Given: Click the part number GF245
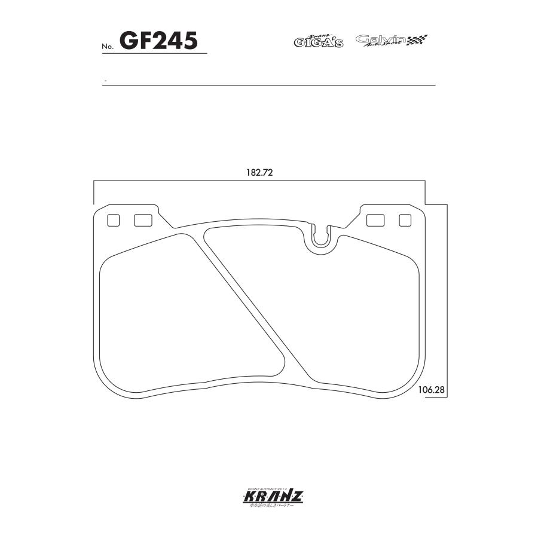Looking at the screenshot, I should click(x=159, y=41).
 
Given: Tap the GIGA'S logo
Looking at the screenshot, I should click(x=318, y=41).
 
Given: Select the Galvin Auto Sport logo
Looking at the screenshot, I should click(x=381, y=41).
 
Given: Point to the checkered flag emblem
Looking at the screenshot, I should click(x=418, y=41).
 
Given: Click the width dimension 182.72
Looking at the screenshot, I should click(x=259, y=172).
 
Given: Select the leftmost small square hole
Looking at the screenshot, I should click(x=113, y=221).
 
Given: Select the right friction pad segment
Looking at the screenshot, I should click(x=335, y=305).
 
